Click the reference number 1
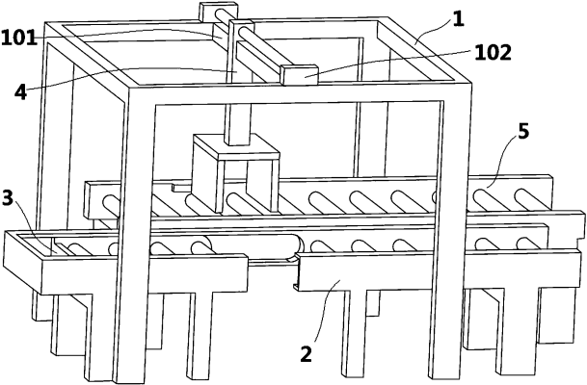pos(458,19)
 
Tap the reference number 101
pos(18,38)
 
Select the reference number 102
pos(494,52)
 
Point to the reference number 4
pos(21,91)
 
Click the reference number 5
pos(523,131)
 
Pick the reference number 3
pos(8,197)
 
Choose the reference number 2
pos(306,353)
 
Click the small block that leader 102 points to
pos(299,75)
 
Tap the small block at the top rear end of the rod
pos(218,12)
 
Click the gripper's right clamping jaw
pos(263,185)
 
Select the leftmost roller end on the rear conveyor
pos(110,204)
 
